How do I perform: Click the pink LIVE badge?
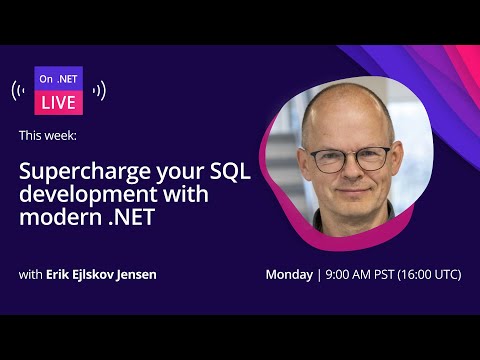click(x=58, y=102)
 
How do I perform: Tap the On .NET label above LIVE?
click(x=58, y=78)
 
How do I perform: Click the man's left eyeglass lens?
click(x=372, y=157)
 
